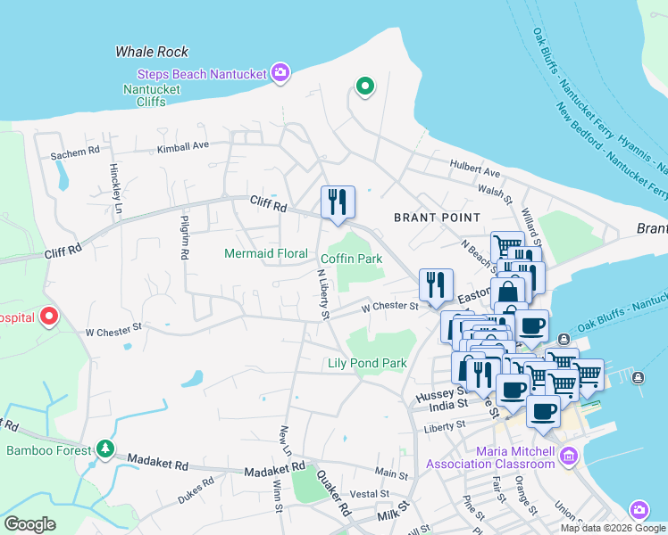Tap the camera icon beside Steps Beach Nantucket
click(x=280, y=73)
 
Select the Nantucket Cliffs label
click(x=152, y=96)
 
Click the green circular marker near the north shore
click(x=364, y=86)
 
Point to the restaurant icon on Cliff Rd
click(x=338, y=202)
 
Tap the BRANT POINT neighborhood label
click(x=438, y=218)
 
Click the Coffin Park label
click(x=352, y=259)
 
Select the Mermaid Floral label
click(x=265, y=253)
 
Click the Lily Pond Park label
click(x=367, y=363)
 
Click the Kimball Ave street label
click(x=183, y=145)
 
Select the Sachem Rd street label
click(x=75, y=154)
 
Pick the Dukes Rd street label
click(x=196, y=490)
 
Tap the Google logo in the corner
click(x=29, y=524)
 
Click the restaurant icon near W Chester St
click(x=436, y=285)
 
